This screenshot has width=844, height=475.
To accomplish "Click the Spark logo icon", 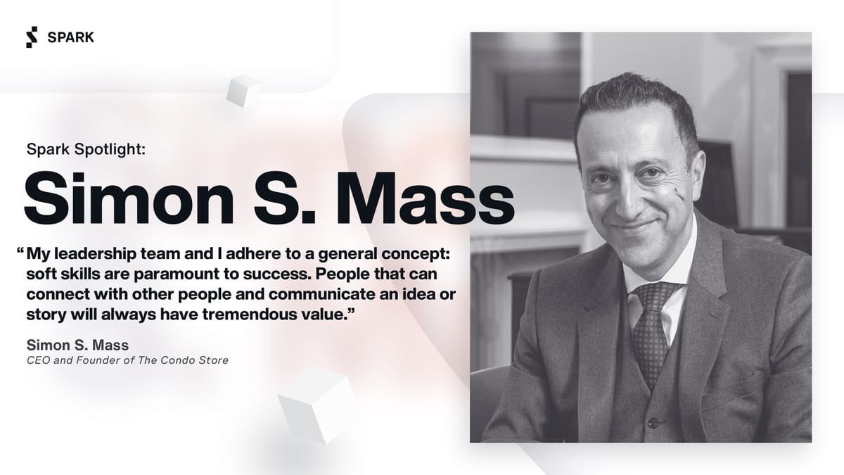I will pyautogui.click(x=31, y=37).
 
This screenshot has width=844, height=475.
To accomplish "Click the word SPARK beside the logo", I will pyautogui.click(x=70, y=38).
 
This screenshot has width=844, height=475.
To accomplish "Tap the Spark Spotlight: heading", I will pyautogui.click(x=85, y=149).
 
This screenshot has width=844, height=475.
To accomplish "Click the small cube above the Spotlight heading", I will pyautogui.click(x=242, y=91).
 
